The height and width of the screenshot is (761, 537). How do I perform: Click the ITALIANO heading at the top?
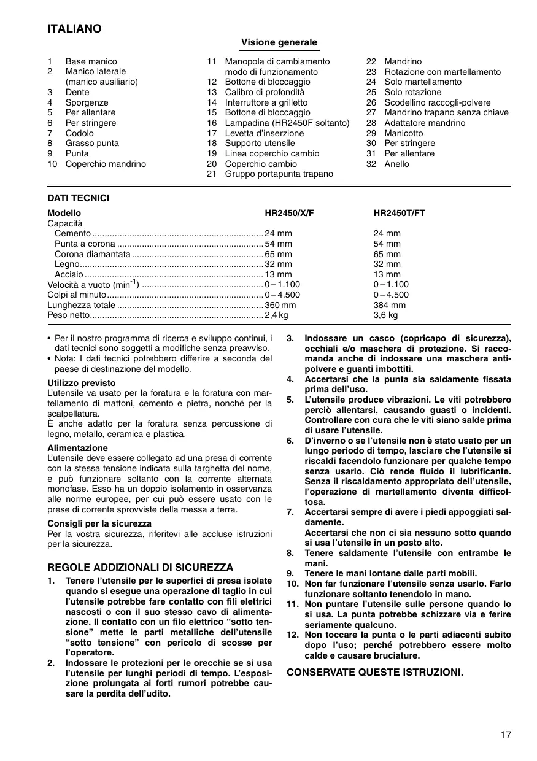[x=74, y=29]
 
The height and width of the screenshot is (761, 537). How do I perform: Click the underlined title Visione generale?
[x=279, y=42]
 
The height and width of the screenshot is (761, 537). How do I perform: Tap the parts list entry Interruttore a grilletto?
[x=266, y=102]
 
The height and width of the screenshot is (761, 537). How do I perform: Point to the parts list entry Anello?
[x=396, y=164]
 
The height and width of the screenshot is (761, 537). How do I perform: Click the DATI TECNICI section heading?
[x=79, y=198]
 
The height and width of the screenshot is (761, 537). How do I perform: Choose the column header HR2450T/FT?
[x=399, y=213]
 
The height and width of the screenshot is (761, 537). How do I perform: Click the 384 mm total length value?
[x=389, y=305]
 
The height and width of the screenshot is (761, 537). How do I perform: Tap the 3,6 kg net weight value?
[x=385, y=315]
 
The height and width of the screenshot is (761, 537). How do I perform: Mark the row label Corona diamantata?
[x=92, y=254]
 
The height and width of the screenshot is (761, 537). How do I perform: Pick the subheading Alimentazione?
[x=77, y=448]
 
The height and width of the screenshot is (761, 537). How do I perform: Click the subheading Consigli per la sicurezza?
[x=99, y=523]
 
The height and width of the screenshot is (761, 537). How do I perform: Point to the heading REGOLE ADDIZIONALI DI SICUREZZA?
[x=141, y=567]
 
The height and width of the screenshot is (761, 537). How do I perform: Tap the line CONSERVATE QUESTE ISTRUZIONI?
[x=375, y=672]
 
